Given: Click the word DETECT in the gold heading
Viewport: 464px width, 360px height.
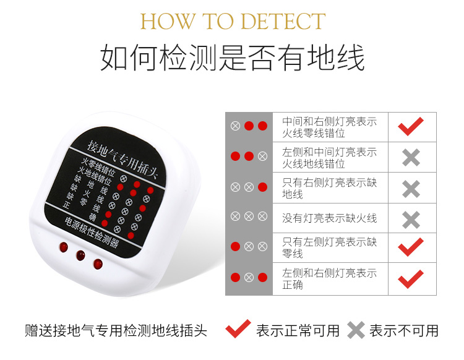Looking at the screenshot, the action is pos(283,21).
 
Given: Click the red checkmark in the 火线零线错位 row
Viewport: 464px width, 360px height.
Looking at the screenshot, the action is pos(410,127).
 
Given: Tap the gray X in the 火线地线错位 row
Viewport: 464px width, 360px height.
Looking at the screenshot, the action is pos(411,157).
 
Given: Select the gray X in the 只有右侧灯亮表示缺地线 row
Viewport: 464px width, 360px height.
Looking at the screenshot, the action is pos(411,189).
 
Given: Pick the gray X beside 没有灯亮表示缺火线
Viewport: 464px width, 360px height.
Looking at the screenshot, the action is pos(411,220).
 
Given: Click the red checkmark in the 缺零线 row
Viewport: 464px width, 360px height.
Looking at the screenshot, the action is pos(410,247).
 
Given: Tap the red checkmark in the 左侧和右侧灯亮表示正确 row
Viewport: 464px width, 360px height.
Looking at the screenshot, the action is pos(410,279).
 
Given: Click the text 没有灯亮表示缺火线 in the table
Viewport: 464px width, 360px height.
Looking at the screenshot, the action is pos(329,218).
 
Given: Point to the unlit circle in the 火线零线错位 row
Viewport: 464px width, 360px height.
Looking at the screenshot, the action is pos(235,126).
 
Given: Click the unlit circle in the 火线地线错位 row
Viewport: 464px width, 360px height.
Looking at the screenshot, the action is pos(262,156).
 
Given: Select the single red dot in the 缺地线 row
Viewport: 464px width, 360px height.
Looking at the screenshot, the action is pos(262,187).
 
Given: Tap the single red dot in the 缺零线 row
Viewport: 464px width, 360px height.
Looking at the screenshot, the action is pos(235,246).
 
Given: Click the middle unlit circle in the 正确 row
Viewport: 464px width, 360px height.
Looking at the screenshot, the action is pos(249,278).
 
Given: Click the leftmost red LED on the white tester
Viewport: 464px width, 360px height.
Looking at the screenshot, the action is pos(63,247).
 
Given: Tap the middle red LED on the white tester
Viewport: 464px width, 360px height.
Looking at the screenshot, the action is pos(80,255).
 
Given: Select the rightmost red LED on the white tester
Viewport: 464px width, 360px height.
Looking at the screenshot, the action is pos(98,264).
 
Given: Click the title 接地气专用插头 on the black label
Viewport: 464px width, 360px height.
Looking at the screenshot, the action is pos(122,160).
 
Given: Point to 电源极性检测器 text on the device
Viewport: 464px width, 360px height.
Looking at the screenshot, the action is pos(92,233).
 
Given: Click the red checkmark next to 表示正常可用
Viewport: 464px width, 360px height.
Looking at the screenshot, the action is pos(238,328).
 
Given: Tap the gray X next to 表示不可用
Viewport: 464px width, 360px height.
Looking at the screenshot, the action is pos(356,330).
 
